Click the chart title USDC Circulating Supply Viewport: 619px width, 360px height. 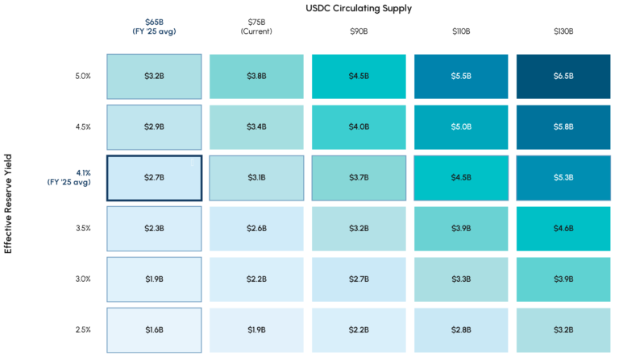pyautogui.click(x=359, y=8)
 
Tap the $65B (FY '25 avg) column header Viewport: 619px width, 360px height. pyautogui.click(x=154, y=27)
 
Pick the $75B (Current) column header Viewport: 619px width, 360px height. pyautogui.click(x=256, y=27)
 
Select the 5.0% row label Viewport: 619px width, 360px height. pyautogui.click(x=82, y=77)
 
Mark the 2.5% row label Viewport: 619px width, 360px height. pyautogui.click(x=82, y=329)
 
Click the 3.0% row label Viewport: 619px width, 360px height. pyautogui.click(x=82, y=279)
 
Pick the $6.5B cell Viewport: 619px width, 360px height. pyautogui.click(x=563, y=77)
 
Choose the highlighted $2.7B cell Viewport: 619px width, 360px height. pyautogui.click(x=154, y=177)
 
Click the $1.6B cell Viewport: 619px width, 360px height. pyautogui.click(x=154, y=329)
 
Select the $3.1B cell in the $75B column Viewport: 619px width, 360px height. pyautogui.click(x=256, y=177)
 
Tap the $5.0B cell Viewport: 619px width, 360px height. pyautogui.click(x=461, y=126)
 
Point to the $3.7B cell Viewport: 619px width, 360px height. pyautogui.click(x=359, y=177)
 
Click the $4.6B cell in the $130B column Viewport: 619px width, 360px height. pyautogui.click(x=563, y=228)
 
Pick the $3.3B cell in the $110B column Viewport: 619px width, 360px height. pyautogui.click(x=461, y=279)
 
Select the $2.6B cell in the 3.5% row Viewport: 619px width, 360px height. pyautogui.click(x=256, y=228)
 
